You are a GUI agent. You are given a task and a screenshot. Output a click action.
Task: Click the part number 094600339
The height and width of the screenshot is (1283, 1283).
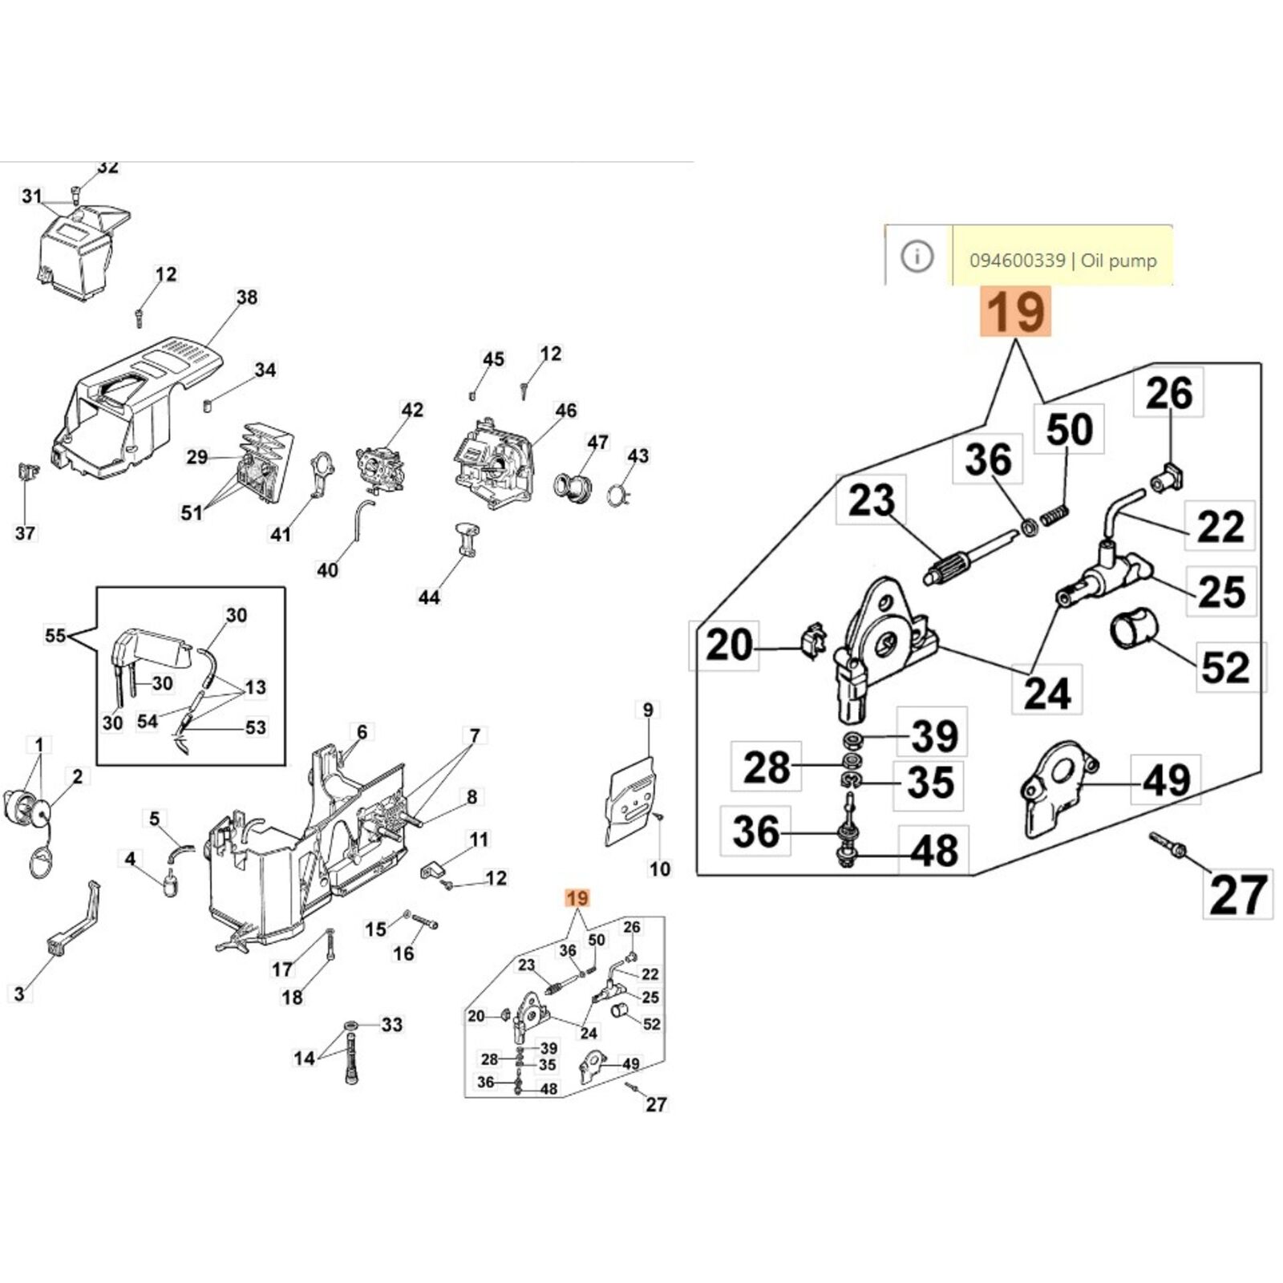1017,261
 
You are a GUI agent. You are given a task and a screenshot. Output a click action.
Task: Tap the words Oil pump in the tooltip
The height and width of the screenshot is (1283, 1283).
1119,261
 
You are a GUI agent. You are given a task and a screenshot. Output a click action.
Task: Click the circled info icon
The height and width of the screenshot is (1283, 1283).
917,257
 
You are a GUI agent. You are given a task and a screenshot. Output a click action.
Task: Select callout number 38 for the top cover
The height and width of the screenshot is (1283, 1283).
247,297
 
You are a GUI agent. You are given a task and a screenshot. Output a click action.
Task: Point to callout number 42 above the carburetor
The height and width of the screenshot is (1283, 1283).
412,410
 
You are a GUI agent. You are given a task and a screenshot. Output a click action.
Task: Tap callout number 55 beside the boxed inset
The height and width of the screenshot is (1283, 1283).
55,636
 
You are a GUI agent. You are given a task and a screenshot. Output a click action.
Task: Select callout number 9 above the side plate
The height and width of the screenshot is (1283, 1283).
648,710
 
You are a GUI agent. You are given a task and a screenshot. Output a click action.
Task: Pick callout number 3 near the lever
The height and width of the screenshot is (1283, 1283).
19,994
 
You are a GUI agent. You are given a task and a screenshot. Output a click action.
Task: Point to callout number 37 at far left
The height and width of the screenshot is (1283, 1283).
25,532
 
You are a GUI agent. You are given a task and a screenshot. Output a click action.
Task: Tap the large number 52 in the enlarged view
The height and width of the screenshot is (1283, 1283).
1225,667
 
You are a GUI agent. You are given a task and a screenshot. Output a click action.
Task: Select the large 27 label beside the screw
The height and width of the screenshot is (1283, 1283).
1238,894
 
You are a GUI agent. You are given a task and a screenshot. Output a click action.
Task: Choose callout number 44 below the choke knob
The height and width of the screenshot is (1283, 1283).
429,597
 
